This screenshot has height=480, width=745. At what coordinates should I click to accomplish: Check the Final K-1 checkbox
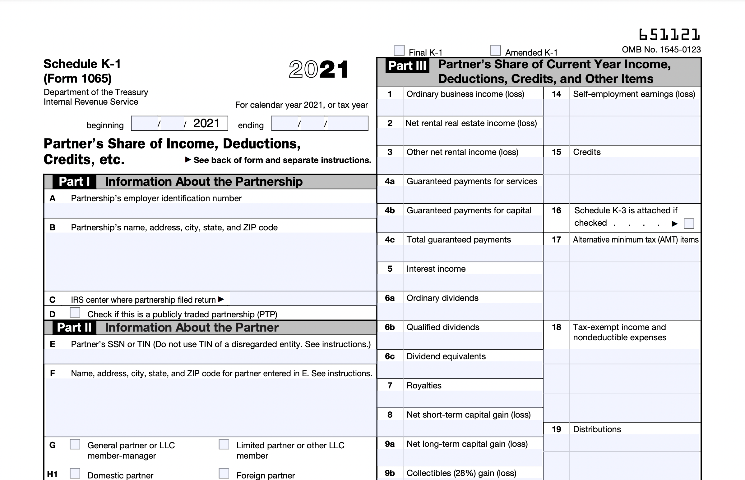coord(399,51)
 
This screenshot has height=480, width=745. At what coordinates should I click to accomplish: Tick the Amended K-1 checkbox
coord(495,51)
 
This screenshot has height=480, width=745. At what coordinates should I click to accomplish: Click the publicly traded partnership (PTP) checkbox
coord(75,313)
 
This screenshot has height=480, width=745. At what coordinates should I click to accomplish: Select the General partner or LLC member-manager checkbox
coord(75,444)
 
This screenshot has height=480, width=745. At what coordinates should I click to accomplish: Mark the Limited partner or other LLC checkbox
coord(224,444)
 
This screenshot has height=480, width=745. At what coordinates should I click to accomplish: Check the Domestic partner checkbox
coord(75,473)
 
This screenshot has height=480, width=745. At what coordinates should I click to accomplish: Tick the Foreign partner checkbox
coord(224,473)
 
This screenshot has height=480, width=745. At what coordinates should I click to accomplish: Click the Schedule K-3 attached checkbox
coord(689,224)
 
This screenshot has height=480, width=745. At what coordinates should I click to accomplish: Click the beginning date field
coord(179,124)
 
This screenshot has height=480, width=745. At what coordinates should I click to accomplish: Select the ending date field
coord(320,124)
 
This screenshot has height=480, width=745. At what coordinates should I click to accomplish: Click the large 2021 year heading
coord(319,69)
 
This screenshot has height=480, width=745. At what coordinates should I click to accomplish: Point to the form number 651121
coord(669,35)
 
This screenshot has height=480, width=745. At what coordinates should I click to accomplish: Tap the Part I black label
coord(74,182)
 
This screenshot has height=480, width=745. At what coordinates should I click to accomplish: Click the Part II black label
coord(74,328)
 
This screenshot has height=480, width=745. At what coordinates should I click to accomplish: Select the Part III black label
coord(407,66)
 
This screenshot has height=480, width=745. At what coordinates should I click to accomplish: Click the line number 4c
coord(390,240)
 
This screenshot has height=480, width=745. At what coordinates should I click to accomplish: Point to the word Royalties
coord(424,386)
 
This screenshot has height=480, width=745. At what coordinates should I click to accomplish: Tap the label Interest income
coord(436,269)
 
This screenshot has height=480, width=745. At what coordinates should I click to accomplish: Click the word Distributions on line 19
coord(597,429)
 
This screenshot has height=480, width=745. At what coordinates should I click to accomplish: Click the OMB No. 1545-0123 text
coord(661,50)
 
